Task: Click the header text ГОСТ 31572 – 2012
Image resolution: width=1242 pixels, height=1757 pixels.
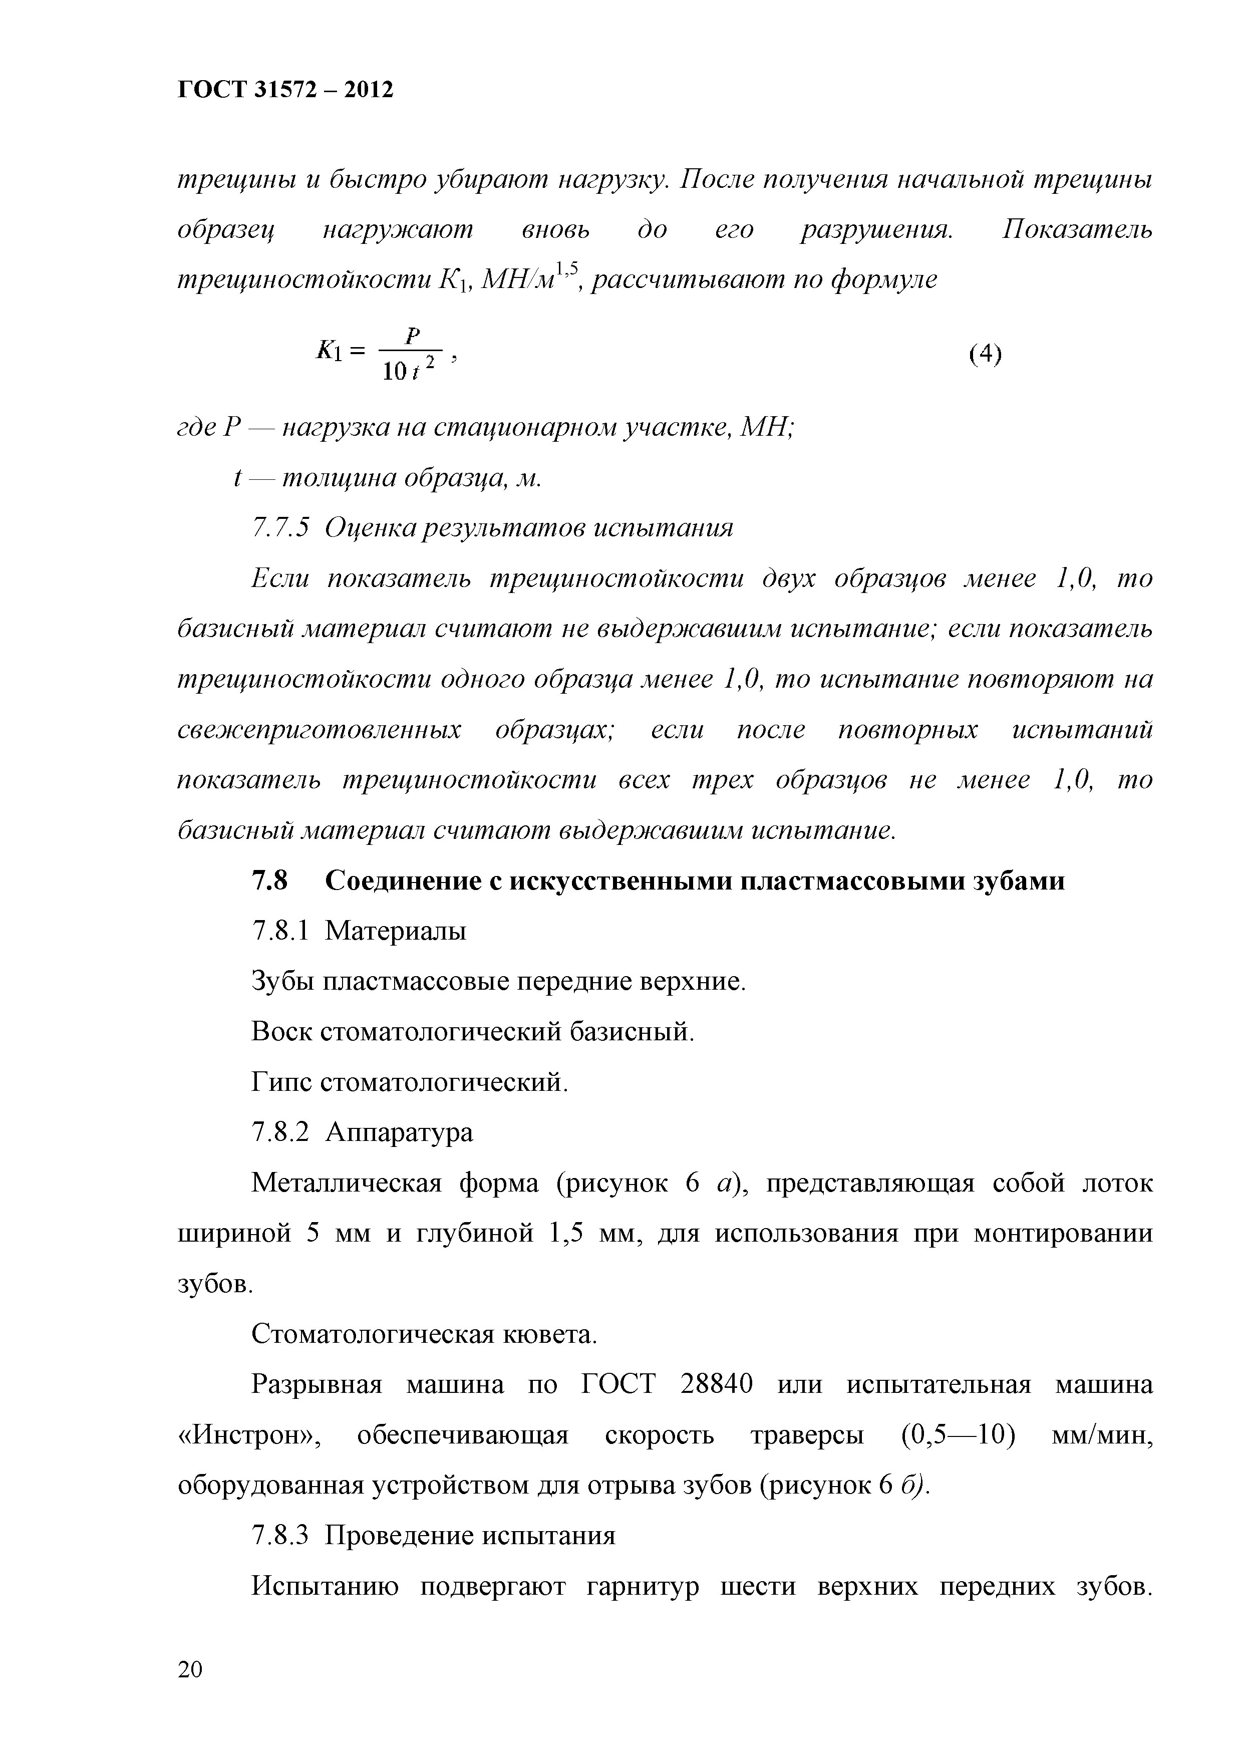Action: click(285, 90)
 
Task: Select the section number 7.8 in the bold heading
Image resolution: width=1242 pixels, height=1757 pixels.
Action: click(269, 882)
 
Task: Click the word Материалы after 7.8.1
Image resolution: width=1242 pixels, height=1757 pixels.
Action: click(396, 931)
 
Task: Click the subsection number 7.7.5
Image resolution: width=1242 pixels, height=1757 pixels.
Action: click(280, 528)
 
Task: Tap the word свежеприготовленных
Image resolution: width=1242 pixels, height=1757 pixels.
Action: click(320, 730)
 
